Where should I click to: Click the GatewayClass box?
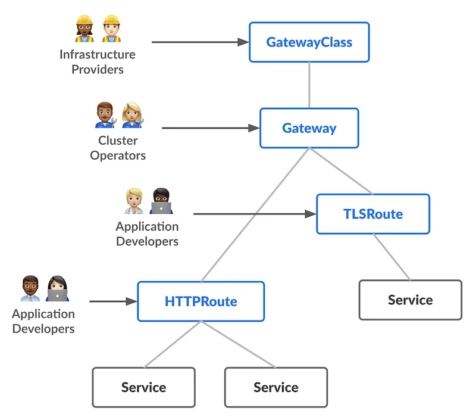click(x=309, y=42)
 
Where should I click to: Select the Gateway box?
click(x=309, y=128)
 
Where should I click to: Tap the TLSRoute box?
click(x=372, y=214)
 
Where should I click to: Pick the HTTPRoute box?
click(x=201, y=301)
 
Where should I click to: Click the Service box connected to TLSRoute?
click(x=410, y=300)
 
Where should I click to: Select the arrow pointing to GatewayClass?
click(x=199, y=42)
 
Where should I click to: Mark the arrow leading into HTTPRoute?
click(x=113, y=301)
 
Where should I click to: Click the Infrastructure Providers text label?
click(x=98, y=62)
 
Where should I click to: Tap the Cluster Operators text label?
click(x=118, y=148)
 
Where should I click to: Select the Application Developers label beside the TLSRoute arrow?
click(x=147, y=234)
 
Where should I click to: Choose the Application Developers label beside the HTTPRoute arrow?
click(x=43, y=321)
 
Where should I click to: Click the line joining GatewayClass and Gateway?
click(x=309, y=85)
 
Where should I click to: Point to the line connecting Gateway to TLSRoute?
click(x=340, y=171)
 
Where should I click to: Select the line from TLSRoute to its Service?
click(x=391, y=257)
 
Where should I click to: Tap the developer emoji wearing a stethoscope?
click(x=134, y=201)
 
